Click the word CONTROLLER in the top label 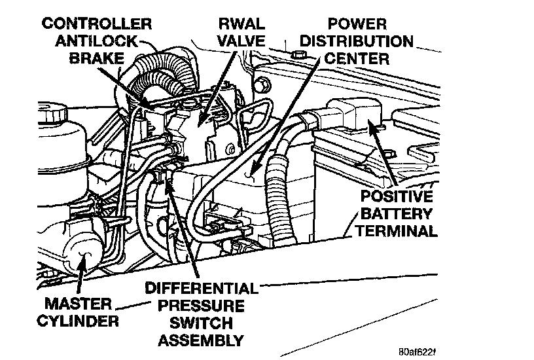(97, 25)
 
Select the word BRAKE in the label (96, 58)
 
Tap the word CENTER (357, 58)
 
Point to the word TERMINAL (398, 230)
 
